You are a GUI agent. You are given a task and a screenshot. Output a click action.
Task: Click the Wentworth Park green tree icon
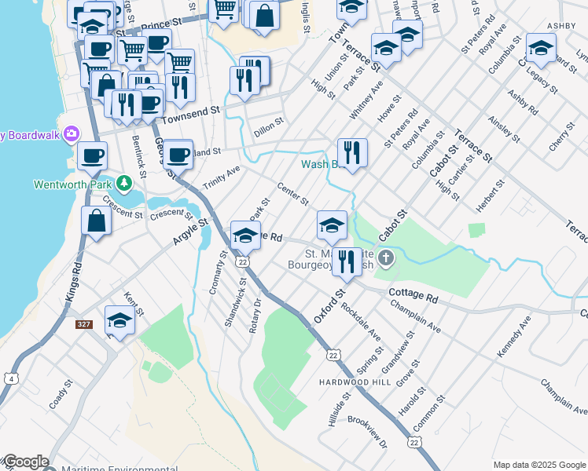[x=123, y=184]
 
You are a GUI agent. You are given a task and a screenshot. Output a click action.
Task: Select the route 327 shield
[x=84, y=324]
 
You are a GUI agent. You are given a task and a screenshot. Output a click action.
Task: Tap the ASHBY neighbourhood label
[x=561, y=26]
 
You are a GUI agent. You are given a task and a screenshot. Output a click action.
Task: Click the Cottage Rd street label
[x=413, y=298]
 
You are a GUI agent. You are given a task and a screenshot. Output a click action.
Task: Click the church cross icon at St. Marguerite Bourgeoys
[x=385, y=258]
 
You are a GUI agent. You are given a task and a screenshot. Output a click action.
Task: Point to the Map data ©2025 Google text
[x=538, y=465]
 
